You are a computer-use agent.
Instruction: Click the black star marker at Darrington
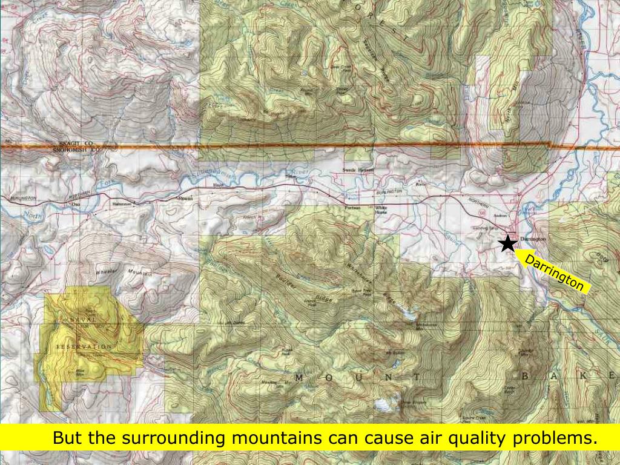pos(507,243)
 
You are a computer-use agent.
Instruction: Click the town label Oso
pos(76,204)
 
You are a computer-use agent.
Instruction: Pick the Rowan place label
pos(183,197)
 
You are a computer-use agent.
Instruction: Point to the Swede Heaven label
pos(356,169)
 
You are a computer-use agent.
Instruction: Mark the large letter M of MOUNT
pos(298,378)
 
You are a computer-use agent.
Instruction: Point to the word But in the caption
pos(67,438)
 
